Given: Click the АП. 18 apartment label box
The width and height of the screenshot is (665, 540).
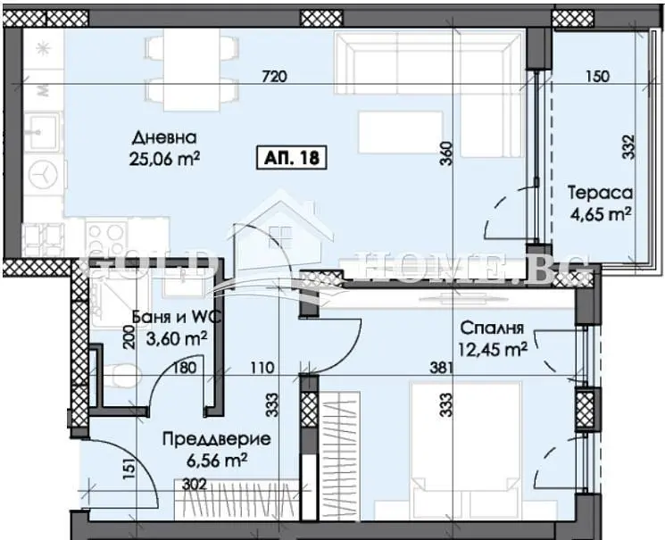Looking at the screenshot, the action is pos(292,158).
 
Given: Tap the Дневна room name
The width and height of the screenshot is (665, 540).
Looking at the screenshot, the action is pos(164,137).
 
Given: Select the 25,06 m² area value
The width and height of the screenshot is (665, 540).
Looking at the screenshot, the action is pos(164,159).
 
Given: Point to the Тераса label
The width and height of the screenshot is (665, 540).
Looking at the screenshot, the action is pos(600,193).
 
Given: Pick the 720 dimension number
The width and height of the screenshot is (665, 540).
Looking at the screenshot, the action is pos(275,77).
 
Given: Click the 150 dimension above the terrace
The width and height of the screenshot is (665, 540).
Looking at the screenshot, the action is pos(597,77).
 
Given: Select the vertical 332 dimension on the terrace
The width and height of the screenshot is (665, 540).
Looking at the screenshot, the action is pos(629,146).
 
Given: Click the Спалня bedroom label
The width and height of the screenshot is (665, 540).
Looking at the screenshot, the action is pos(493,328).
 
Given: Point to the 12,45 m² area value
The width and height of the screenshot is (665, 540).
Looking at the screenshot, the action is pos(493,349).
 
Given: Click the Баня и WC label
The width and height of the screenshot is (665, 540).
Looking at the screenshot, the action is pos(177,317).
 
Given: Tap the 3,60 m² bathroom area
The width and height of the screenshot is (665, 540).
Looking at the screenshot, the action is pos(177,338).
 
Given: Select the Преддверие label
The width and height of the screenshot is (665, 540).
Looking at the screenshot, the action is pos(217,439).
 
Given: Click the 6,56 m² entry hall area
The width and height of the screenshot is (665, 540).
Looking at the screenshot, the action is pos(217,461).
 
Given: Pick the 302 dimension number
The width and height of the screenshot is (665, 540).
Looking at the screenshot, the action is pos(195,484).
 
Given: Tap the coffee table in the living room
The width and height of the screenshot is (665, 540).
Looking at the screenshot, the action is pos(401,132).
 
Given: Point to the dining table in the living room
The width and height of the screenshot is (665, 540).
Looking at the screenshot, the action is pos(191,70).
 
